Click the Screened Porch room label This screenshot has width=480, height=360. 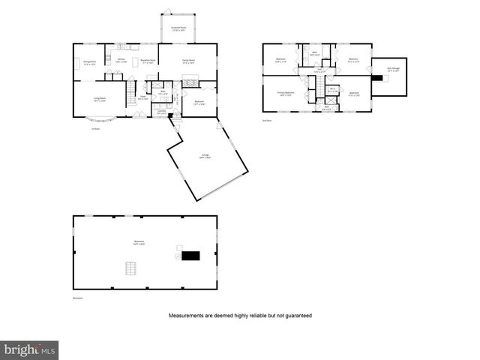(178, 29)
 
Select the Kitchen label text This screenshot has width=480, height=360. (121, 60)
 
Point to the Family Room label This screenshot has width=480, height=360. (188, 61)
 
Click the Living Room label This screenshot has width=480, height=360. (99, 99)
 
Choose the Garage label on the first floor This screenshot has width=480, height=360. (205, 156)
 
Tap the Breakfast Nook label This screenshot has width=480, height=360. (148, 61)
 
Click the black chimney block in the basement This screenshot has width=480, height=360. (192, 256)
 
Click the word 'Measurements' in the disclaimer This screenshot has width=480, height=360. (185, 316)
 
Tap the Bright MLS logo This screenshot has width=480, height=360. (29, 349)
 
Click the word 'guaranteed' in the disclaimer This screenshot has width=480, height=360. (296, 316)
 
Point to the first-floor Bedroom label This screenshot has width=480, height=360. (199, 103)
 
